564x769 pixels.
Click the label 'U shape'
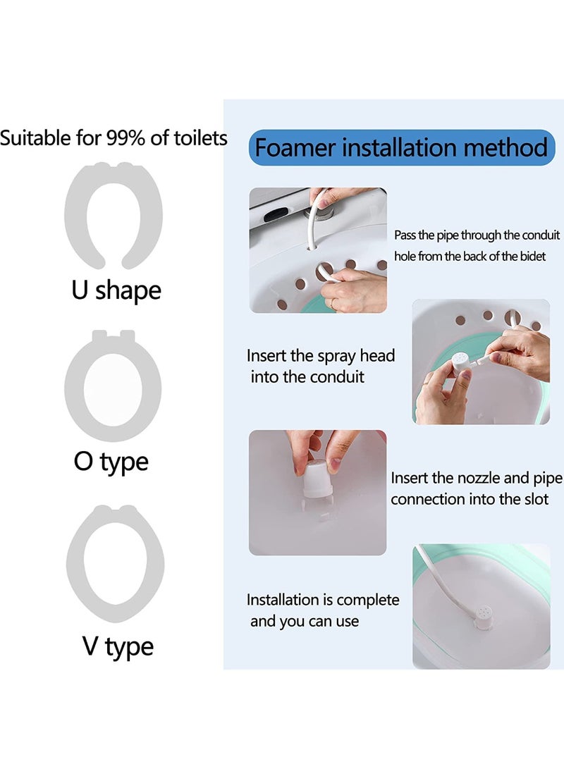[x=116, y=290]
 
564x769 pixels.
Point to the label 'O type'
[x=111, y=462]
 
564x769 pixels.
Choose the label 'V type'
[x=118, y=646]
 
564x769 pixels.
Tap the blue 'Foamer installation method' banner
[x=401, y=147]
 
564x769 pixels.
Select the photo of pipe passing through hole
[x=318, y=250]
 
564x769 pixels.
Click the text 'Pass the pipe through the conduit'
[x=477, y=235]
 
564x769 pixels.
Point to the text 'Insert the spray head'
[x=321, y=355]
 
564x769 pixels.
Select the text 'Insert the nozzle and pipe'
[x=477, y=479]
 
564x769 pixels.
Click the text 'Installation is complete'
[x=323, y=600]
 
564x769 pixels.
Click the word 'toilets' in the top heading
[x=200, y=137]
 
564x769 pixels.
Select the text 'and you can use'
[x=305, y=622]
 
